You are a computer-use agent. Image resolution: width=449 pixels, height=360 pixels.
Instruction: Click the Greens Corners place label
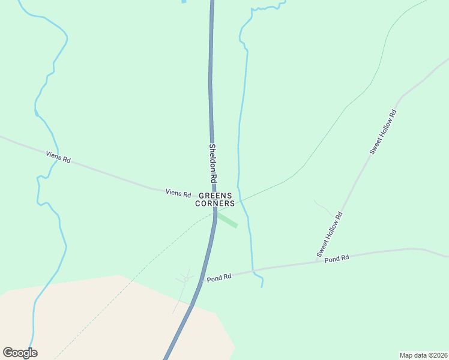tap(215, 200)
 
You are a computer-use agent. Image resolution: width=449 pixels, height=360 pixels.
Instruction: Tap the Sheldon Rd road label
tap(212, 163)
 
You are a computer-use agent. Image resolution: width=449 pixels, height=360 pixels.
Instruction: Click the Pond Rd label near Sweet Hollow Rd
tap(337, 259)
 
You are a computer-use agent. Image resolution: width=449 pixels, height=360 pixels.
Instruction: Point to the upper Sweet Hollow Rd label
tap(383, 132)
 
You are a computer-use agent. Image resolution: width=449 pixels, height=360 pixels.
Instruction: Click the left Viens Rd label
tap(58, 157)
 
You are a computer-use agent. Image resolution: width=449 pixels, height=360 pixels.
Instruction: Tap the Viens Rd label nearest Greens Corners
tap(178, 193)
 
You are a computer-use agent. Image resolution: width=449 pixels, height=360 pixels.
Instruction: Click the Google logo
tap(20, 353)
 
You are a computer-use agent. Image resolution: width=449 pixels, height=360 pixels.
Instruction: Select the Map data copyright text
tap(424, 355)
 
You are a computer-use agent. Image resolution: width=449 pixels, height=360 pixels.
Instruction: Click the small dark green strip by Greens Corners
tap(228, 220)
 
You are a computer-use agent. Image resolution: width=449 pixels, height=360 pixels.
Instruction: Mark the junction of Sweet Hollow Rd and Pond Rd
tap(317, 262)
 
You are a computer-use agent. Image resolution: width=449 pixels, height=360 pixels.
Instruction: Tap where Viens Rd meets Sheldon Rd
tap(213, 198)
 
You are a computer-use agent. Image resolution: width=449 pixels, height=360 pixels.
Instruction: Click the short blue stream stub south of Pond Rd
tap(261, 281)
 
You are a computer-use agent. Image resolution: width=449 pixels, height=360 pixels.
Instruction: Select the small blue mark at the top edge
tap(184, 2)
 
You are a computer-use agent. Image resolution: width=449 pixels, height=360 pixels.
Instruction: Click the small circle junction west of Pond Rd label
tap(187, 279)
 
